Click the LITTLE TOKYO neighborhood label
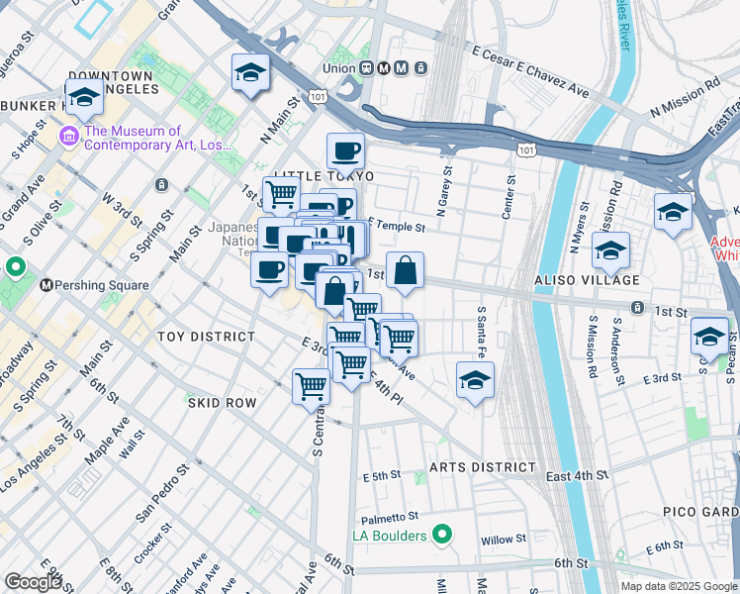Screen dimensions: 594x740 click(x=324, y=175)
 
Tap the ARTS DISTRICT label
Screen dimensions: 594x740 click(x=483, y=467)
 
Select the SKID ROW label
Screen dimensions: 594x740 click(x=223, y=403)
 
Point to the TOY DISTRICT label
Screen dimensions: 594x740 click(x=206, y=337)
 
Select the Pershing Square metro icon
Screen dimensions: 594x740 click(x=46, y=285)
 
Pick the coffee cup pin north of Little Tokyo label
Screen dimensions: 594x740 click(x=346, y=151)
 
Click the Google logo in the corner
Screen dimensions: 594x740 click(x=33, y=582)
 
